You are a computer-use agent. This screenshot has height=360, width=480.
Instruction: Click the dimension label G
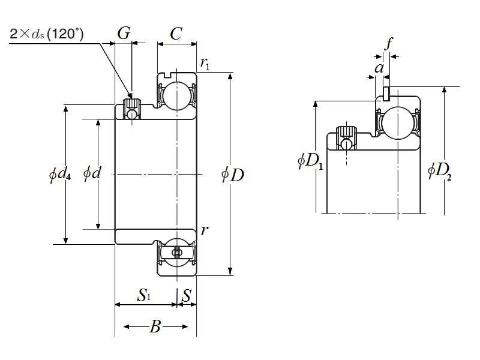pos(124,34)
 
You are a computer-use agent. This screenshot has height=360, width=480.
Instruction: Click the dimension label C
pos(176,34)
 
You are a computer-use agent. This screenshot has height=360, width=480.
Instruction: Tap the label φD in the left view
pos(233,175)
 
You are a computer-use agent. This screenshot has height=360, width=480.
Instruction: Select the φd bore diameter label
pos(92,174)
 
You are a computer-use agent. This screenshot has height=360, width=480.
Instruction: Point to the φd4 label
pos(61,175)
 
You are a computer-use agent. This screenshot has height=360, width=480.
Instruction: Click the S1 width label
pos(144,295)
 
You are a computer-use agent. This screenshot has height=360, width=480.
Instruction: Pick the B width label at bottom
pos(155,327)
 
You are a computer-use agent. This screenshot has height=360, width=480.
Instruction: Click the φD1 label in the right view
pos(310,161)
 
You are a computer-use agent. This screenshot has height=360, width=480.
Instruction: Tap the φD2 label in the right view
pos(440,170)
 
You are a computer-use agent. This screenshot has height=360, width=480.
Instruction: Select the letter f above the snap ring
pos(389,44)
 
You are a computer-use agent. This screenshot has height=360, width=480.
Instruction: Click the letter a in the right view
pos(379,68)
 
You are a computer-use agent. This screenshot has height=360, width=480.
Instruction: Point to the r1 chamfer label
pos(205,64)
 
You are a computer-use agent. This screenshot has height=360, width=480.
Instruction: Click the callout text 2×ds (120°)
pos(47,34)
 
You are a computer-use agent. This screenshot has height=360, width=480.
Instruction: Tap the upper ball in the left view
pos(176,94)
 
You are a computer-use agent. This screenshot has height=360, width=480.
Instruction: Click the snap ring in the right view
pos(387,92)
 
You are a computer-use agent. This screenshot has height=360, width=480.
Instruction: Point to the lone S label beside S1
pos(187,295)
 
